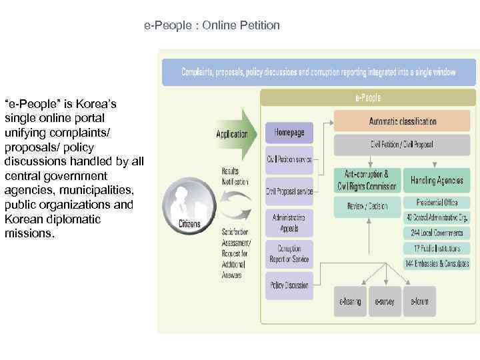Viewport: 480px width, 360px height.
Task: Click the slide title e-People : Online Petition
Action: point(212,26)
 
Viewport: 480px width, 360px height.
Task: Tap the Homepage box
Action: point(289,132)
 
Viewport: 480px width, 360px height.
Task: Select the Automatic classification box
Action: point(402,121)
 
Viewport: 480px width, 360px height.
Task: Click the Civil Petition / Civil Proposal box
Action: point(402,144)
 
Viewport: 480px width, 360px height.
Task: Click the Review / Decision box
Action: point(366,206)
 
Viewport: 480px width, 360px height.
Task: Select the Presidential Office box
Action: point(437,203)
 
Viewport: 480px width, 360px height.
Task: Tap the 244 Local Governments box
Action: point(437,233)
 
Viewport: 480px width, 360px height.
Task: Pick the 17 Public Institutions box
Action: point(437,248)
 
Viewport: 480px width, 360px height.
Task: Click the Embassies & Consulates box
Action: point(437,263)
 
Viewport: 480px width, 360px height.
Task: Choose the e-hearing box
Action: point(350,301)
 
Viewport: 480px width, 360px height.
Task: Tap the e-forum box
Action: point(420,301)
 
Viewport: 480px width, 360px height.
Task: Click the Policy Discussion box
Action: point(289,285)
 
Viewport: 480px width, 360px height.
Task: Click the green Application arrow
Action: point(235,134)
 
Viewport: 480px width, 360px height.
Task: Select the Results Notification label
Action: point(235,176)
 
